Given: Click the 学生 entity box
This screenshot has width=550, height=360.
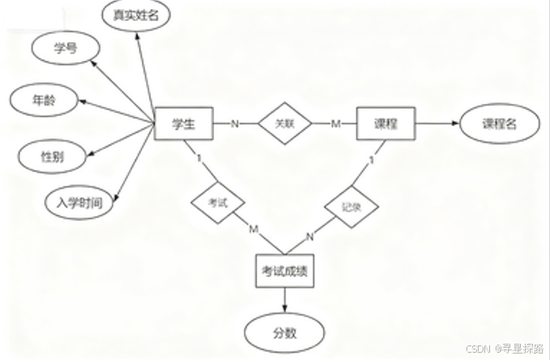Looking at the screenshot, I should (x=184, y=124).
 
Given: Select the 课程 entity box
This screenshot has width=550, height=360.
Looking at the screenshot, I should (x=385, y=124).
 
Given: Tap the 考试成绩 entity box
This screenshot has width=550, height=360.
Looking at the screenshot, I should (x=284, y=273).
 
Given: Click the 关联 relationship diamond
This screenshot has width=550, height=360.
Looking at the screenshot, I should (x=284, y=124).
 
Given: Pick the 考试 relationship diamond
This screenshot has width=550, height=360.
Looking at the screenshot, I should (x=217, y=199).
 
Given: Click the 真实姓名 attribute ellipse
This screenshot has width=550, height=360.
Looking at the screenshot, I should (x=136, y=15).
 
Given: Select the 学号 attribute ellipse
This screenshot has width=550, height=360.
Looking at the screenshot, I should (x=65, y=49).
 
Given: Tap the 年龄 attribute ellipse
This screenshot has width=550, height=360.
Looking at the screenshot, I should (x=44, y=101).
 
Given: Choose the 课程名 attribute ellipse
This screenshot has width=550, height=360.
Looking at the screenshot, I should (x=499, y=124).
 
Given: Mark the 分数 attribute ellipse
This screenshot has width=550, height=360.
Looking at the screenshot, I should (x=284, y=332).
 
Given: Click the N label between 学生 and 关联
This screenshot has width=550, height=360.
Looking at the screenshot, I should (x=235, y=124).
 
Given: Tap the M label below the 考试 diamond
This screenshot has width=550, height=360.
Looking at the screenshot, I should (x=253, y=229).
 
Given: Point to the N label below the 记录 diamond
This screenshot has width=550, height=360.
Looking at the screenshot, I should (x=309, y=237).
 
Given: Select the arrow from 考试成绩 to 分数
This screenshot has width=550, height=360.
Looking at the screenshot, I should (x=284, y=302).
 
